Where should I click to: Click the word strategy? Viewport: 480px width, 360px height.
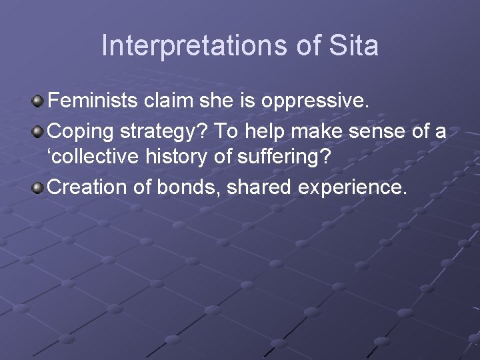tap(158, 131)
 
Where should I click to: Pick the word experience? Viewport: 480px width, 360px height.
tap(350, 188)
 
